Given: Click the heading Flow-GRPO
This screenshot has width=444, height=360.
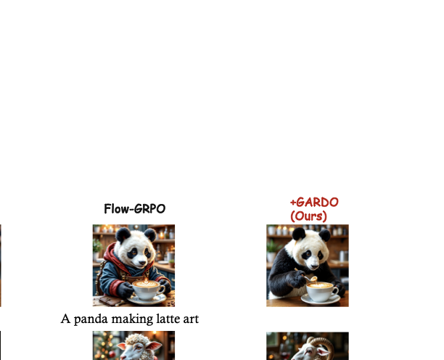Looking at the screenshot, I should point(134,209).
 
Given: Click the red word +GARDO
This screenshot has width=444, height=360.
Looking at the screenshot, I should point(314,202).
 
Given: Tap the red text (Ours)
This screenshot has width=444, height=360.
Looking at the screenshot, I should point(308,216).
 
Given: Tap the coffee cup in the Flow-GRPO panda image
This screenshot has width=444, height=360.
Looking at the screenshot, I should point(148,289).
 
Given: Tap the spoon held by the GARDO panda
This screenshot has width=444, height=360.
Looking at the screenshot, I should point(312,278).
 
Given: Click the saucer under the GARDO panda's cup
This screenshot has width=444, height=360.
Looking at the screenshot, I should point(321,298).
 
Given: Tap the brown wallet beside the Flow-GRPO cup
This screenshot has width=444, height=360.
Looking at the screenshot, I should point(110,300).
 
